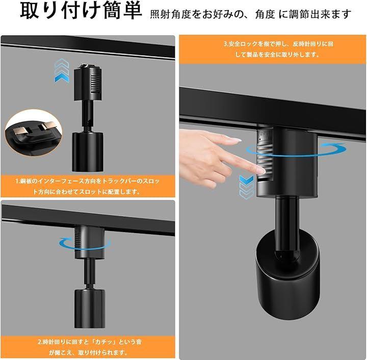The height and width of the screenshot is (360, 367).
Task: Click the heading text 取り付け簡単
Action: point(81,11)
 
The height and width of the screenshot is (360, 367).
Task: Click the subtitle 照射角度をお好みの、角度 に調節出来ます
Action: point(251,14)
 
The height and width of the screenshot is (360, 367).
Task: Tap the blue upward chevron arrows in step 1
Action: point(62,70)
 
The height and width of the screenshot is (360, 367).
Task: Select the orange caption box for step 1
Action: point(88,186)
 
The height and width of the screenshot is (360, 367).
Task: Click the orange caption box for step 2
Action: point(88,347)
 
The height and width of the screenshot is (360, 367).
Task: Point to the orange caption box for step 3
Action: point(273,49)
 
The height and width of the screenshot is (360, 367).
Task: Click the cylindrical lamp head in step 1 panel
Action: point(88,151)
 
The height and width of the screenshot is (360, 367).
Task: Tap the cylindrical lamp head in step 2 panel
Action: point(90,308)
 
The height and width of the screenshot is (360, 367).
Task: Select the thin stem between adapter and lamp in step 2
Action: point(90,274)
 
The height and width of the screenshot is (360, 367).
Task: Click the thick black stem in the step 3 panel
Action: point(287,225)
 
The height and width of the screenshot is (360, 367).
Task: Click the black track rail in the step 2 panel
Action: point(88,220)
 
